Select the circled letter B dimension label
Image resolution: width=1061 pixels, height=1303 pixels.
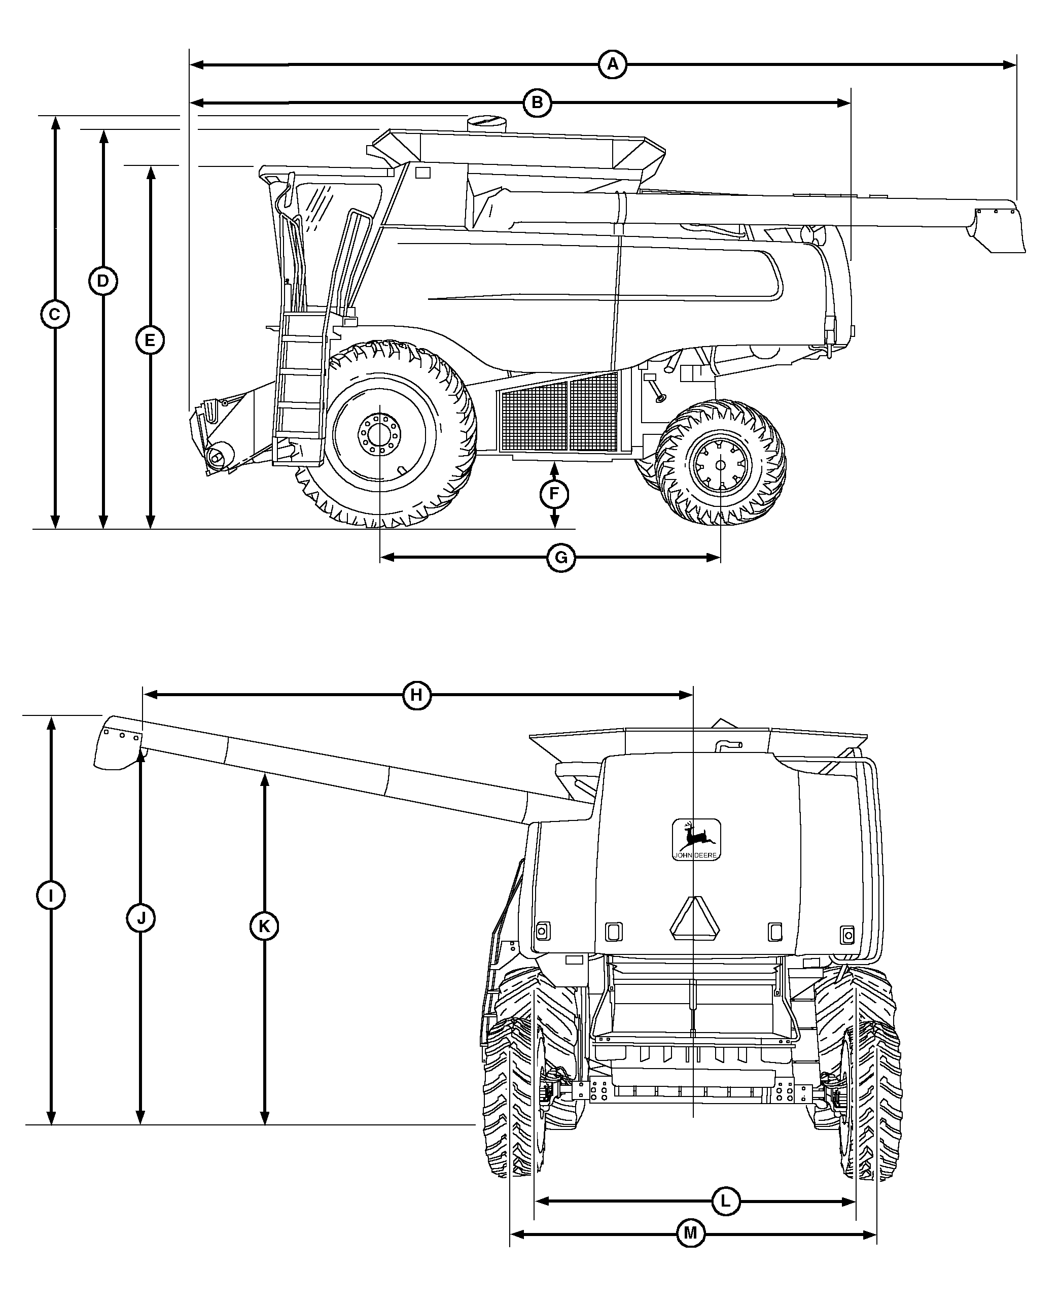click(537, 102)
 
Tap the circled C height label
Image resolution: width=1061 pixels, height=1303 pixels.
click(55, 315)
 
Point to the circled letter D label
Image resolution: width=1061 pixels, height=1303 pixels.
click(102, 281)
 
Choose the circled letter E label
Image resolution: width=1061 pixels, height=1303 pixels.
click(150, 340)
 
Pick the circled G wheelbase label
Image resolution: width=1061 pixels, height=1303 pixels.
click(560, 558)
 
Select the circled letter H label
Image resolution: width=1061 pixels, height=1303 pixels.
click(416, 695)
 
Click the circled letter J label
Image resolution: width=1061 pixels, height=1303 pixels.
click(140, 918)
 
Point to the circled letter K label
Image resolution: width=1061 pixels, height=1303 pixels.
click(264, 927)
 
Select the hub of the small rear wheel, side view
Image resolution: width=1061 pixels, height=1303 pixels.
click(720, 465)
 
